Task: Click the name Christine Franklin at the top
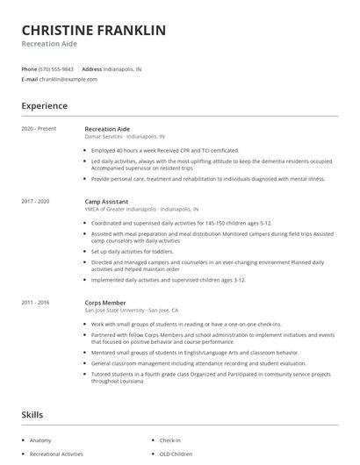93,31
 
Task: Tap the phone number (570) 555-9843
56,68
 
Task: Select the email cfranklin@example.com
68,79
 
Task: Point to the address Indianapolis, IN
123,68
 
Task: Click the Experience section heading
44,106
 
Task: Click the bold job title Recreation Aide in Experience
107,129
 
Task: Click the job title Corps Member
104,302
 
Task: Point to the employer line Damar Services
124,137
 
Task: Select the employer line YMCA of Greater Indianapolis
141,210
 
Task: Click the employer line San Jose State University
132,310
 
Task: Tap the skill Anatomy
40,440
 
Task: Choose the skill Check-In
170,440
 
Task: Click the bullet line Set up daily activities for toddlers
133,252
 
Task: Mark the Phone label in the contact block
29,68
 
